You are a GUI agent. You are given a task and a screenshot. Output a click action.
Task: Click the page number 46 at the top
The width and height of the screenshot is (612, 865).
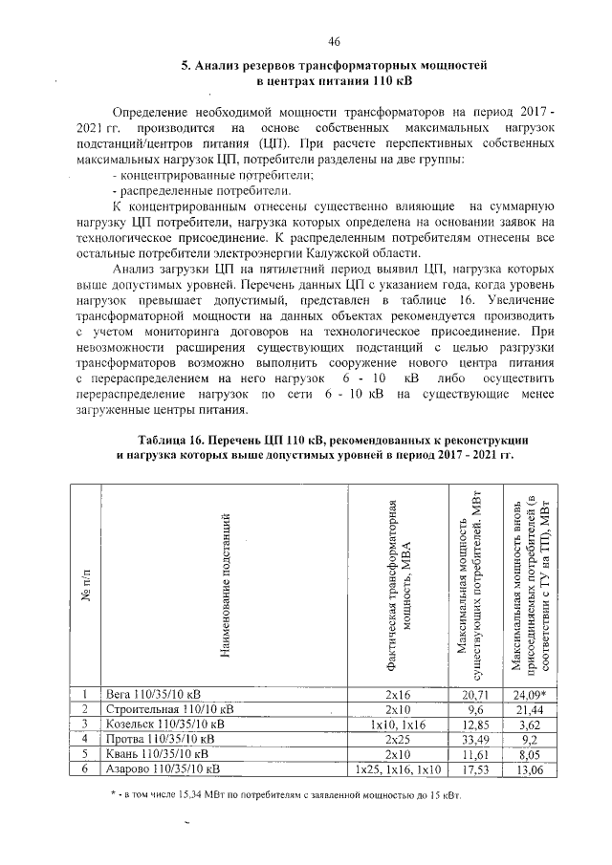click(x=334, y=40)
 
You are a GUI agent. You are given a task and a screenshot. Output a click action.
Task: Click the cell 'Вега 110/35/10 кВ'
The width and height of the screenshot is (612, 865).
click(x=157, y=694)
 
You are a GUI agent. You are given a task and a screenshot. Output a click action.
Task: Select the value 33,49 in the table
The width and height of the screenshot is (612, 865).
click(x=475, y=739)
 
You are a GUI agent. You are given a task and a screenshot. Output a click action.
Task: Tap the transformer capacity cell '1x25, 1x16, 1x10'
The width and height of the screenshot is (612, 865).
click(x=397, y=768)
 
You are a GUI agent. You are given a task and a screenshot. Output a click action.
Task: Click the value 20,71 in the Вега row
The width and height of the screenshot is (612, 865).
click(x=475, y=694)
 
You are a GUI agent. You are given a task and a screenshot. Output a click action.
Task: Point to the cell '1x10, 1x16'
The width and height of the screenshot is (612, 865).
click(x=397, y=724)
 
